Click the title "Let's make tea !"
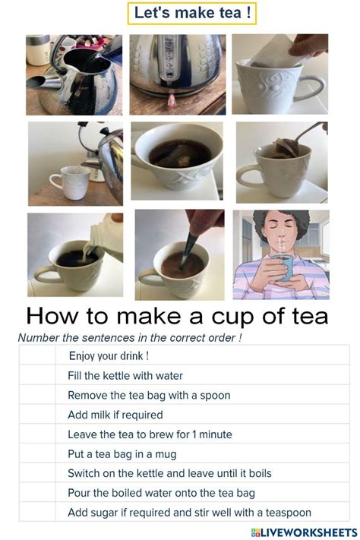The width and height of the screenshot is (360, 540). (x=181, y=13)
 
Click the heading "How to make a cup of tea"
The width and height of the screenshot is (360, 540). (x=177, y=315)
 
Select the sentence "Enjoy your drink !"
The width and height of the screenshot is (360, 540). (x=109, y=355)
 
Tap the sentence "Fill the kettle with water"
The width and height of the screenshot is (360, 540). (x=125, y=375)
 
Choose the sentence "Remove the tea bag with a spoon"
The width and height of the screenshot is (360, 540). (x=149, y=395)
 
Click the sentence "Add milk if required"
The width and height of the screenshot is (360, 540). (x=115, y=415)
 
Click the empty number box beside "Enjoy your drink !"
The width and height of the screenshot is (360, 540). (x=37, y=355)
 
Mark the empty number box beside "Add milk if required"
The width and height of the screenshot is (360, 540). (x=37, y=415)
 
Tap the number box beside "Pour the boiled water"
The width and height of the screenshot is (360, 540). (x=37, y=493)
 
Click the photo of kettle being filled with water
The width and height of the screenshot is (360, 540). (x=74, y=74)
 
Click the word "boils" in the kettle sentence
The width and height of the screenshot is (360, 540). (x=258, y=473)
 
